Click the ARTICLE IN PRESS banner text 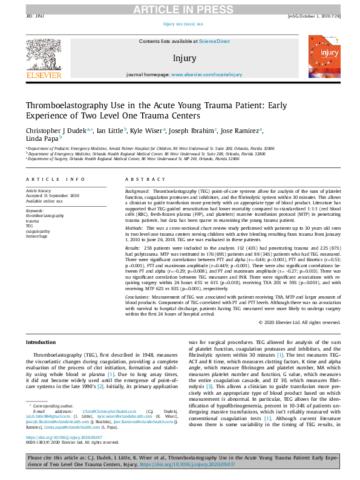[180, 8]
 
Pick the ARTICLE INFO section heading [56, 180]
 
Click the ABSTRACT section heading [141, 180]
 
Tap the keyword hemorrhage [38, 235]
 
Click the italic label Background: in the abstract [138, 190]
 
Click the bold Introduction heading [41, 342]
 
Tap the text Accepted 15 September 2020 [53, 195]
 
